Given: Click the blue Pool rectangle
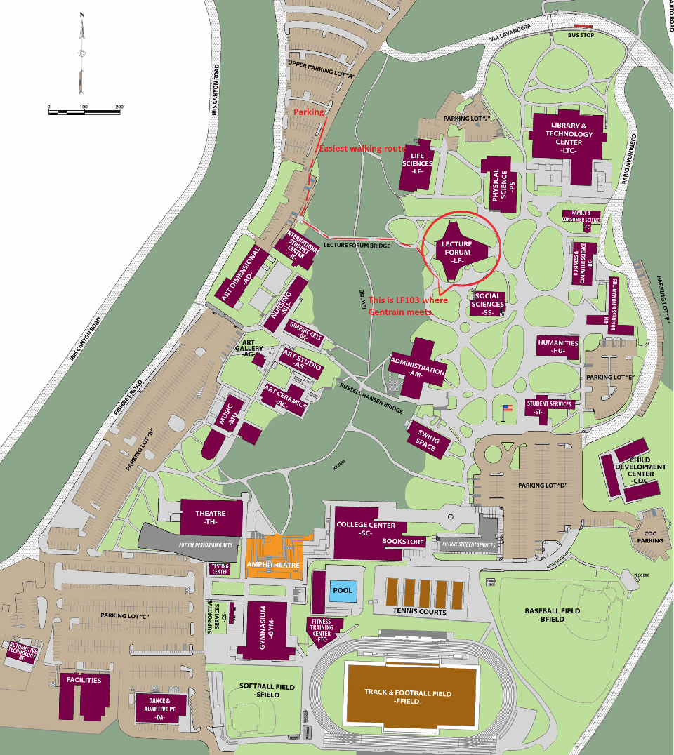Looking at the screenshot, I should pos(343,591).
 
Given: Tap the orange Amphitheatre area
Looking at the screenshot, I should pos(274,558).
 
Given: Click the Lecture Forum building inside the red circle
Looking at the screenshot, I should pos(458,252).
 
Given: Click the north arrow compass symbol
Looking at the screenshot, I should pos(82,53).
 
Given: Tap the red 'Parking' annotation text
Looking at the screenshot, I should pos(309,112).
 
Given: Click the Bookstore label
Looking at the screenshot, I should pos(403,542).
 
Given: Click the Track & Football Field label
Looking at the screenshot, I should pos(408,697).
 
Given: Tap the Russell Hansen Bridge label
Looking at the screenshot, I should pos(371,401).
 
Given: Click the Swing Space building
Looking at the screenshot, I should pos(428,440).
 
